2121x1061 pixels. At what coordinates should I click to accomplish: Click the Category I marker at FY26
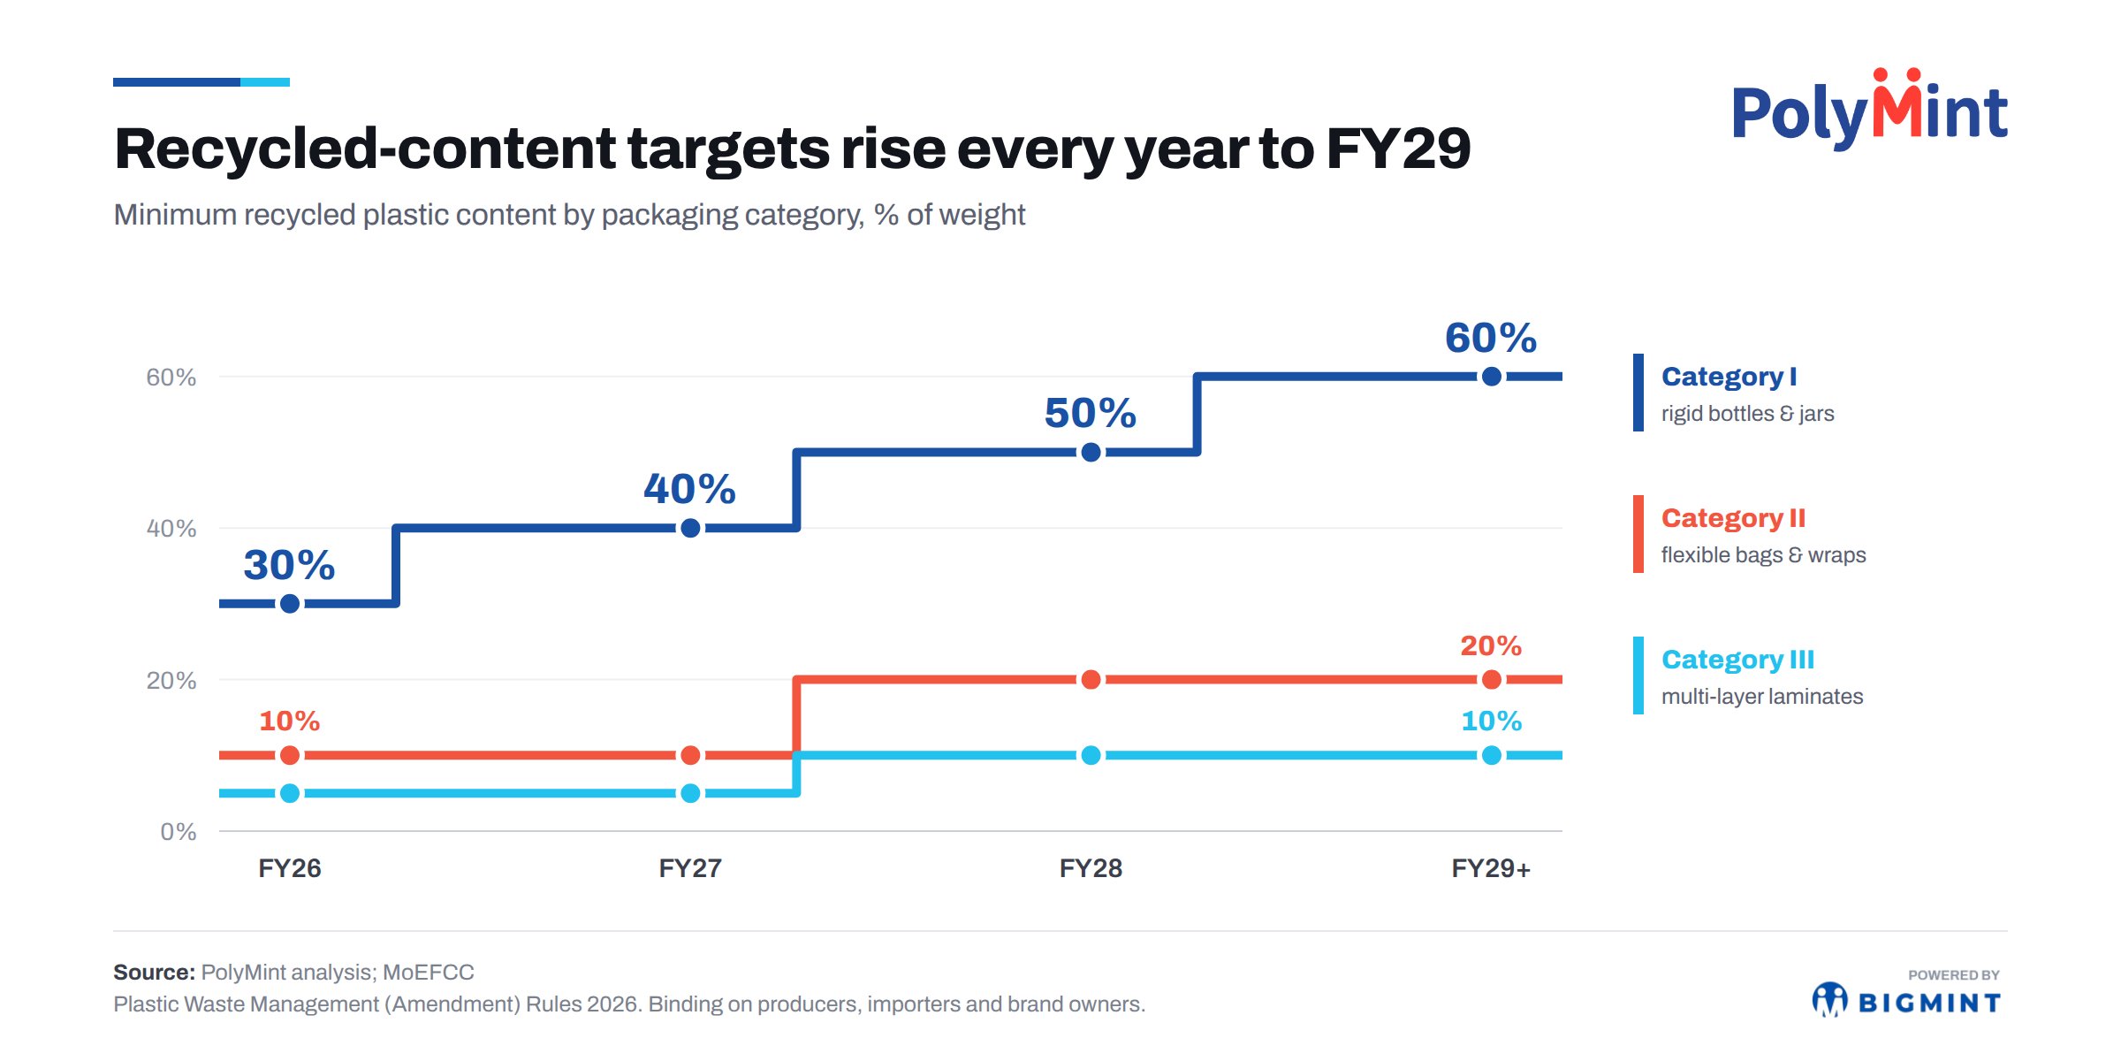290,604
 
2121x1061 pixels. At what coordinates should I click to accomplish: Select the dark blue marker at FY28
1091,453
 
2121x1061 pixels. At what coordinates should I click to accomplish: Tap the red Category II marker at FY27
691,755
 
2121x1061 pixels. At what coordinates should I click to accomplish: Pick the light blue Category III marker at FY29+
1492,755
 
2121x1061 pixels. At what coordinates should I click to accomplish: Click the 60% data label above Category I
1491,338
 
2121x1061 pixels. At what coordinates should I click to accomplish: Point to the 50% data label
1091,413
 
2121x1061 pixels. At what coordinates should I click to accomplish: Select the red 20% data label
1491,645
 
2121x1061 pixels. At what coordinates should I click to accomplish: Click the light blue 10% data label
1492,721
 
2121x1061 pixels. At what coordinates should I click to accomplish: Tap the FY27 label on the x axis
690,868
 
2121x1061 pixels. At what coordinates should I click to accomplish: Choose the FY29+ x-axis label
1491,868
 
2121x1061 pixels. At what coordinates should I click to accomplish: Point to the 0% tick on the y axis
179,832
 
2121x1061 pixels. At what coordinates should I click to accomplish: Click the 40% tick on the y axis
171,529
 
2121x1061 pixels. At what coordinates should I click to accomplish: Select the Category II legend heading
1733,518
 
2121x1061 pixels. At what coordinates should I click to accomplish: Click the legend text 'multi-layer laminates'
1762,697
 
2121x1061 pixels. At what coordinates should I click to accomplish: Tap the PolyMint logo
1869,109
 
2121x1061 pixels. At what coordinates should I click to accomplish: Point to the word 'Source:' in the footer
154,973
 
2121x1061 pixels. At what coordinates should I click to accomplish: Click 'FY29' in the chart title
1398,149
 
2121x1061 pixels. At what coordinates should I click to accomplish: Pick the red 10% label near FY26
290,721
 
